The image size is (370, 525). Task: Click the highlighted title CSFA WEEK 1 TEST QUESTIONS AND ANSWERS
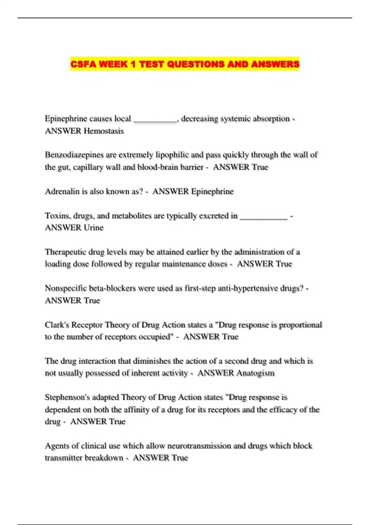tap(185, 64)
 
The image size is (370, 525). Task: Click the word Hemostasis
tap(104, 131)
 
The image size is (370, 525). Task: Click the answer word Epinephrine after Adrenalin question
tap(212, 191)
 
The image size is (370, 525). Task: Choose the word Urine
tap(94, 228)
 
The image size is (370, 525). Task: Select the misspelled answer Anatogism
tap(255, 373)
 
